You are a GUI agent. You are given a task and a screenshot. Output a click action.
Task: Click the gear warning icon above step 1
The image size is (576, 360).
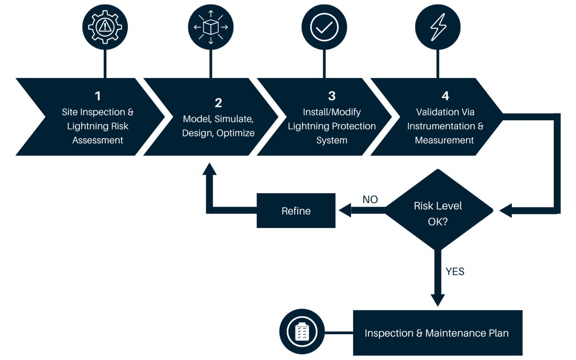tap(105, 27)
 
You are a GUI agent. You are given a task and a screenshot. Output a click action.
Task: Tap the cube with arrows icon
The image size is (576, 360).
tap(211, 27)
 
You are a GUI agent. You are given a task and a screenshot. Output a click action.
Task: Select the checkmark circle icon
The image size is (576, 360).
tap(324, 27)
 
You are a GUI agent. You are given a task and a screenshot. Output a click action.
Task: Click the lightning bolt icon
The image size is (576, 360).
tap(438, 27)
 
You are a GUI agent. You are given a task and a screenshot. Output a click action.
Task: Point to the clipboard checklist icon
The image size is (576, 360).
tap(302, 331)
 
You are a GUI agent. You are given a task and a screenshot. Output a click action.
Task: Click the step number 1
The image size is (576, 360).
tap(97, 96)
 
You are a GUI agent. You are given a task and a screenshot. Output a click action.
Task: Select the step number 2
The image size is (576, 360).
tap(218, 103)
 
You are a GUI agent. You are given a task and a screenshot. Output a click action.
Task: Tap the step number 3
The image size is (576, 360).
tap(331, 96)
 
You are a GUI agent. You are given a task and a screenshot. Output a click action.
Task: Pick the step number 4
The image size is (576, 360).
tap(445, 96)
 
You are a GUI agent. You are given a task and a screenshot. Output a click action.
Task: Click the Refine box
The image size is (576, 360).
tap(296, 211)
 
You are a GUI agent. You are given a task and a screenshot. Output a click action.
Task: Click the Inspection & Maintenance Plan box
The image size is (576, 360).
tap(437, 333)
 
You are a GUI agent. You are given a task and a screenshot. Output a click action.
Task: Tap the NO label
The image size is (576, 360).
tap(370, 199)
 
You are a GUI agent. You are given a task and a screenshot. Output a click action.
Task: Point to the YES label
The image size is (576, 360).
tap(454, 271)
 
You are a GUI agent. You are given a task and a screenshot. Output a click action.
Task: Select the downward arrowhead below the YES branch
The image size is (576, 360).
tap(438, 300)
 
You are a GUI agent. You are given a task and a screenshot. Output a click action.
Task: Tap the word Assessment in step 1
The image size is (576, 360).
tap(97, 140)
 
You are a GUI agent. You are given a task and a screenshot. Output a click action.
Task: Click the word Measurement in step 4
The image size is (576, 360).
tap(444, 140)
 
